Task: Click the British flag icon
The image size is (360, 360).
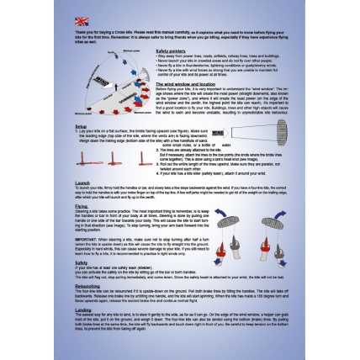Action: pyautogui.click(x=82, y=21)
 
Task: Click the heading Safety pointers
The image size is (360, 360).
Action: pyautogui.click(x=172, y=50)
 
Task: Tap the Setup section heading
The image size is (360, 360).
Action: pyautogui.click(x=81, y=126)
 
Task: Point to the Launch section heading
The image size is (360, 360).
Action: pyautogui.click(x=82, y=183)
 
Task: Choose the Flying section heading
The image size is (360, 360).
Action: pyautogui.click(x=81, y=205)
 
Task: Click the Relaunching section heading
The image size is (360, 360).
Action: pyautogui.click(x=87, y=285)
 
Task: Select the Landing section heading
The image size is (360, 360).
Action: pyautogui.click(x=82, y=309)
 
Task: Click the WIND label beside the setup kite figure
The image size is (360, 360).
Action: pyautogui.click(x=218, y=133)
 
